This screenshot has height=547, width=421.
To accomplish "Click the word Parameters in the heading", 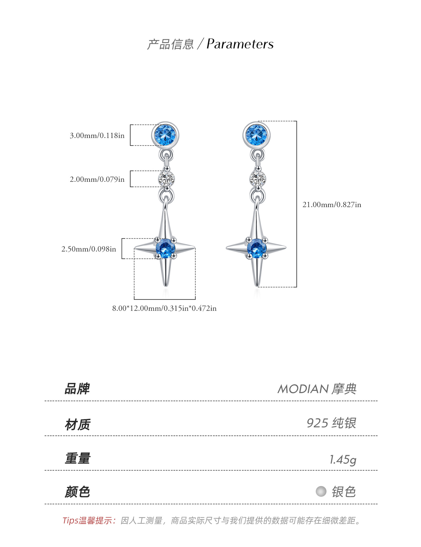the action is [240, 44].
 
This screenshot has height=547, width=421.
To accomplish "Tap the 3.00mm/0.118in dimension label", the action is [97, 135].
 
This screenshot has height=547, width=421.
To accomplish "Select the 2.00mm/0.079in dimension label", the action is [97, 179].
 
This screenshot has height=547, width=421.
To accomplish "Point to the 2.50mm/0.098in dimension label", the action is [89, 249].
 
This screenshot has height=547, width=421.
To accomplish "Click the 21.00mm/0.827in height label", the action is [332, 205].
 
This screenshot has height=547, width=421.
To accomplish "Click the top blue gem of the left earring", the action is [165, 135].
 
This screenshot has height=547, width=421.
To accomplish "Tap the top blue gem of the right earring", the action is [256, 135].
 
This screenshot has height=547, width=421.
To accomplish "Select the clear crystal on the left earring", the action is [167, 179].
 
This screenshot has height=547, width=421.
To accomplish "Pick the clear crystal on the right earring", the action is [258, 179].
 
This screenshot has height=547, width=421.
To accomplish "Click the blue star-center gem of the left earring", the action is [166, 248].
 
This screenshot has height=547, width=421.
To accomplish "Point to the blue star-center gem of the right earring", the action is [257, 248].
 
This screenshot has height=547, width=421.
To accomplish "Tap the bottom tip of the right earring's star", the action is [257, 286].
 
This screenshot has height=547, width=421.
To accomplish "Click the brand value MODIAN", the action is [299, 389].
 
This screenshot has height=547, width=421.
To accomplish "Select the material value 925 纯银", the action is [331, 423].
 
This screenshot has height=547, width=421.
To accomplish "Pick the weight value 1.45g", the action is [343, 460].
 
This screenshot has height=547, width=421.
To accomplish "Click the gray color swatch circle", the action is [321, 491].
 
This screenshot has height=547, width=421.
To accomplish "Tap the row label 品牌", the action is [77, 389].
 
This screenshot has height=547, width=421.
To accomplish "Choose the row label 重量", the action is [77, 458].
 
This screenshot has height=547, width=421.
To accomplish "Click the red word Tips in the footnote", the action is [71, 521].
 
